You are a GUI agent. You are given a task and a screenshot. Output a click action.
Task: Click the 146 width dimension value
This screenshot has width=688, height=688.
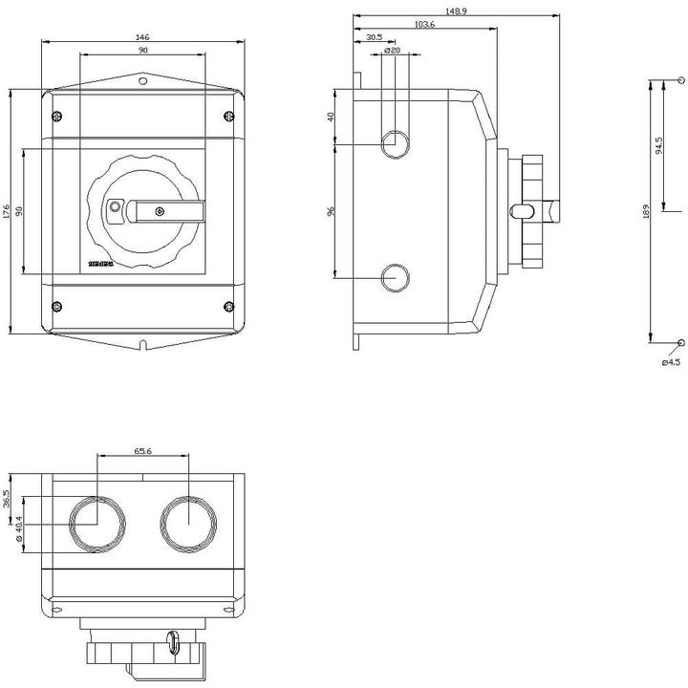coord(141,38)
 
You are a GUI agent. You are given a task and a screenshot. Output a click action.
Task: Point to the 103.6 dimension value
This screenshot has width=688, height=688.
coord(425,24)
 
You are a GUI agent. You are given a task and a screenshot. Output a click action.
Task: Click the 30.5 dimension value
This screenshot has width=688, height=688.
coord(375,37)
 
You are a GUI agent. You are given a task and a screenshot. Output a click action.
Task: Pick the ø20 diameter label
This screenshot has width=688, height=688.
coord(391,50)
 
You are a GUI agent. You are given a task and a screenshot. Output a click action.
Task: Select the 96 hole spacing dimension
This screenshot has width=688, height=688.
coord(332,212)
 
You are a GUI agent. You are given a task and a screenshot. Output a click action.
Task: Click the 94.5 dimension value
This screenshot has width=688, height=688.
coord(658,145)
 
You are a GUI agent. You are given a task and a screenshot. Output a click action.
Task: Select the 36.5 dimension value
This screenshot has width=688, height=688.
coord(7,499)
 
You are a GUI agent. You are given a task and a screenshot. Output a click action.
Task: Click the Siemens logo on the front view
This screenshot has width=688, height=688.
coord(101,262)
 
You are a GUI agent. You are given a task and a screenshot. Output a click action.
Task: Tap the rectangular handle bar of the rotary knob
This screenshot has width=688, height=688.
coord(167,208)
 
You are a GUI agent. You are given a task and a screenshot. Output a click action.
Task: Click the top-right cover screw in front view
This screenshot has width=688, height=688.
coord(227,117)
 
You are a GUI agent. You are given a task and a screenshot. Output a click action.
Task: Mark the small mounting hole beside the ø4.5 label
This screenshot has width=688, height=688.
coord(680,342)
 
